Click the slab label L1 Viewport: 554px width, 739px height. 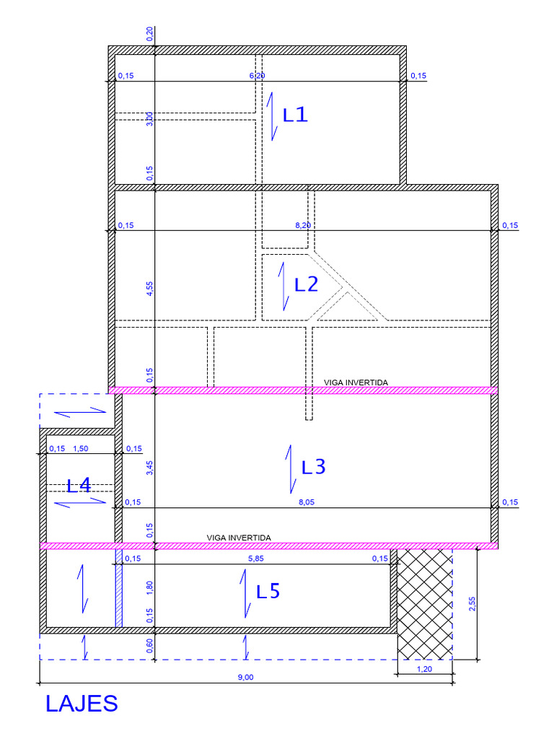(295, 115)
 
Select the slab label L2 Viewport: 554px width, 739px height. (306, 284)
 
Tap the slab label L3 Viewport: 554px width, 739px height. (313, 467)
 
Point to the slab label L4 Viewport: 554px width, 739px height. (79, 486)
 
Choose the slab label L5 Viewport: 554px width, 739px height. (268, 591)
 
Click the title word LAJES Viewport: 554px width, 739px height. (82, 704)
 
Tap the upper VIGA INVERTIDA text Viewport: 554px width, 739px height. (356, 382)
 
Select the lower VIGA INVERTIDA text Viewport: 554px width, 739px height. (239, 538)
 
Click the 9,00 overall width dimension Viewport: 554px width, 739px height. (245, 677)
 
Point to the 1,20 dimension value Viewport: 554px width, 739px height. (424, 669)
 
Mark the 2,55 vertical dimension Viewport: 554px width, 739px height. (472, 604)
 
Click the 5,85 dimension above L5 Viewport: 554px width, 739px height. (256, 559)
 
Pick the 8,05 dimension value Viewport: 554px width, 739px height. (306, 502)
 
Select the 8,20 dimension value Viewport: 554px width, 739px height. (303, 225)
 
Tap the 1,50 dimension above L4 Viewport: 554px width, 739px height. (81, 449)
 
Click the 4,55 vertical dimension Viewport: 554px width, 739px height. (150, 289)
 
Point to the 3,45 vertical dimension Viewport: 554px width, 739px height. (150, 468)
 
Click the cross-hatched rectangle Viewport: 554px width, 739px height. (424, 604)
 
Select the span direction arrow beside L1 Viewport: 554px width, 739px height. (271, 116)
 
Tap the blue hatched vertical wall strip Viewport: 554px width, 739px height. (119, 588)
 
